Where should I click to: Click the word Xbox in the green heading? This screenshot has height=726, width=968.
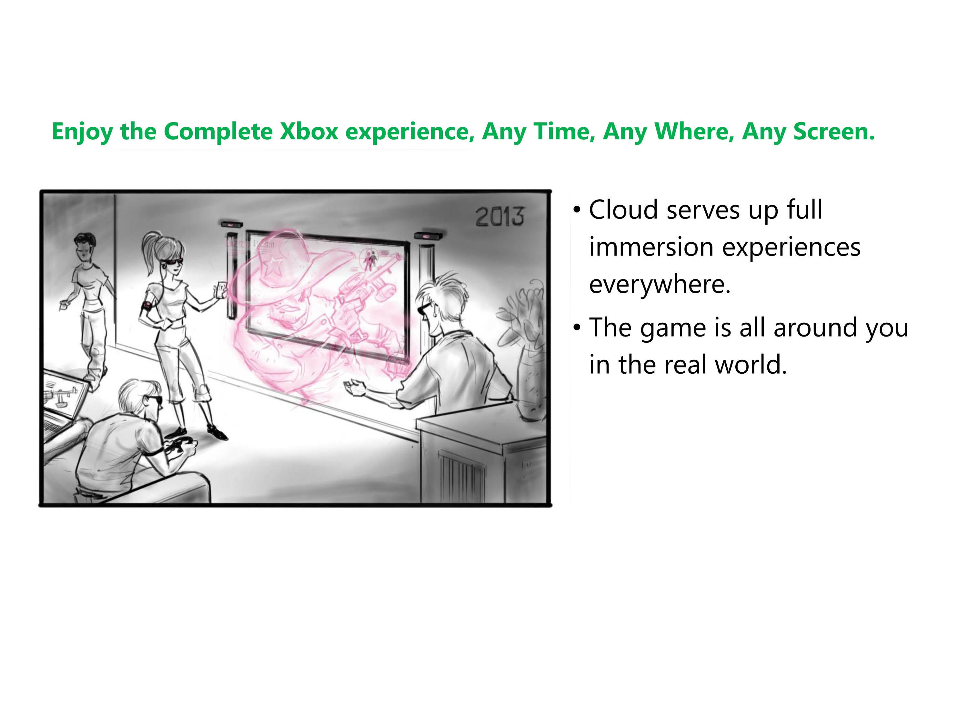(x=309, y=131)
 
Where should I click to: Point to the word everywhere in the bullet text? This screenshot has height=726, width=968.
(x=660, y=285)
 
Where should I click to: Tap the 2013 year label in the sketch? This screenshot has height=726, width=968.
(x=499, y=216)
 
